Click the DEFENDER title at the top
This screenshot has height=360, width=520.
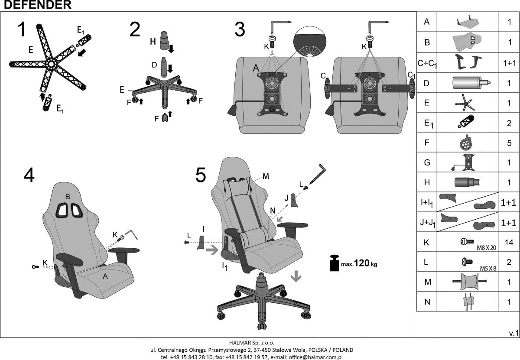click(36, 5)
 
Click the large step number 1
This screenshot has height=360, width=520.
click(23, 30)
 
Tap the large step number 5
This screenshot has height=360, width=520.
click(201, 175)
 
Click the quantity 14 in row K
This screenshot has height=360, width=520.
click(510, 242)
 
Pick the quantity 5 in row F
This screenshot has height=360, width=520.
click(510, 142)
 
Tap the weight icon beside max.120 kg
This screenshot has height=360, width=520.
click(334, 263)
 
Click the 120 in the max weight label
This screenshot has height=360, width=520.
click(362, 263)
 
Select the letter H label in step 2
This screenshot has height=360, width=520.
click(153, 41)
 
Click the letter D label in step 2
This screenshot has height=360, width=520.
click(154, 65)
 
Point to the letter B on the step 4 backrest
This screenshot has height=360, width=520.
click(68, 197)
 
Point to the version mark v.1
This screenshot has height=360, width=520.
click(513, 333)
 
